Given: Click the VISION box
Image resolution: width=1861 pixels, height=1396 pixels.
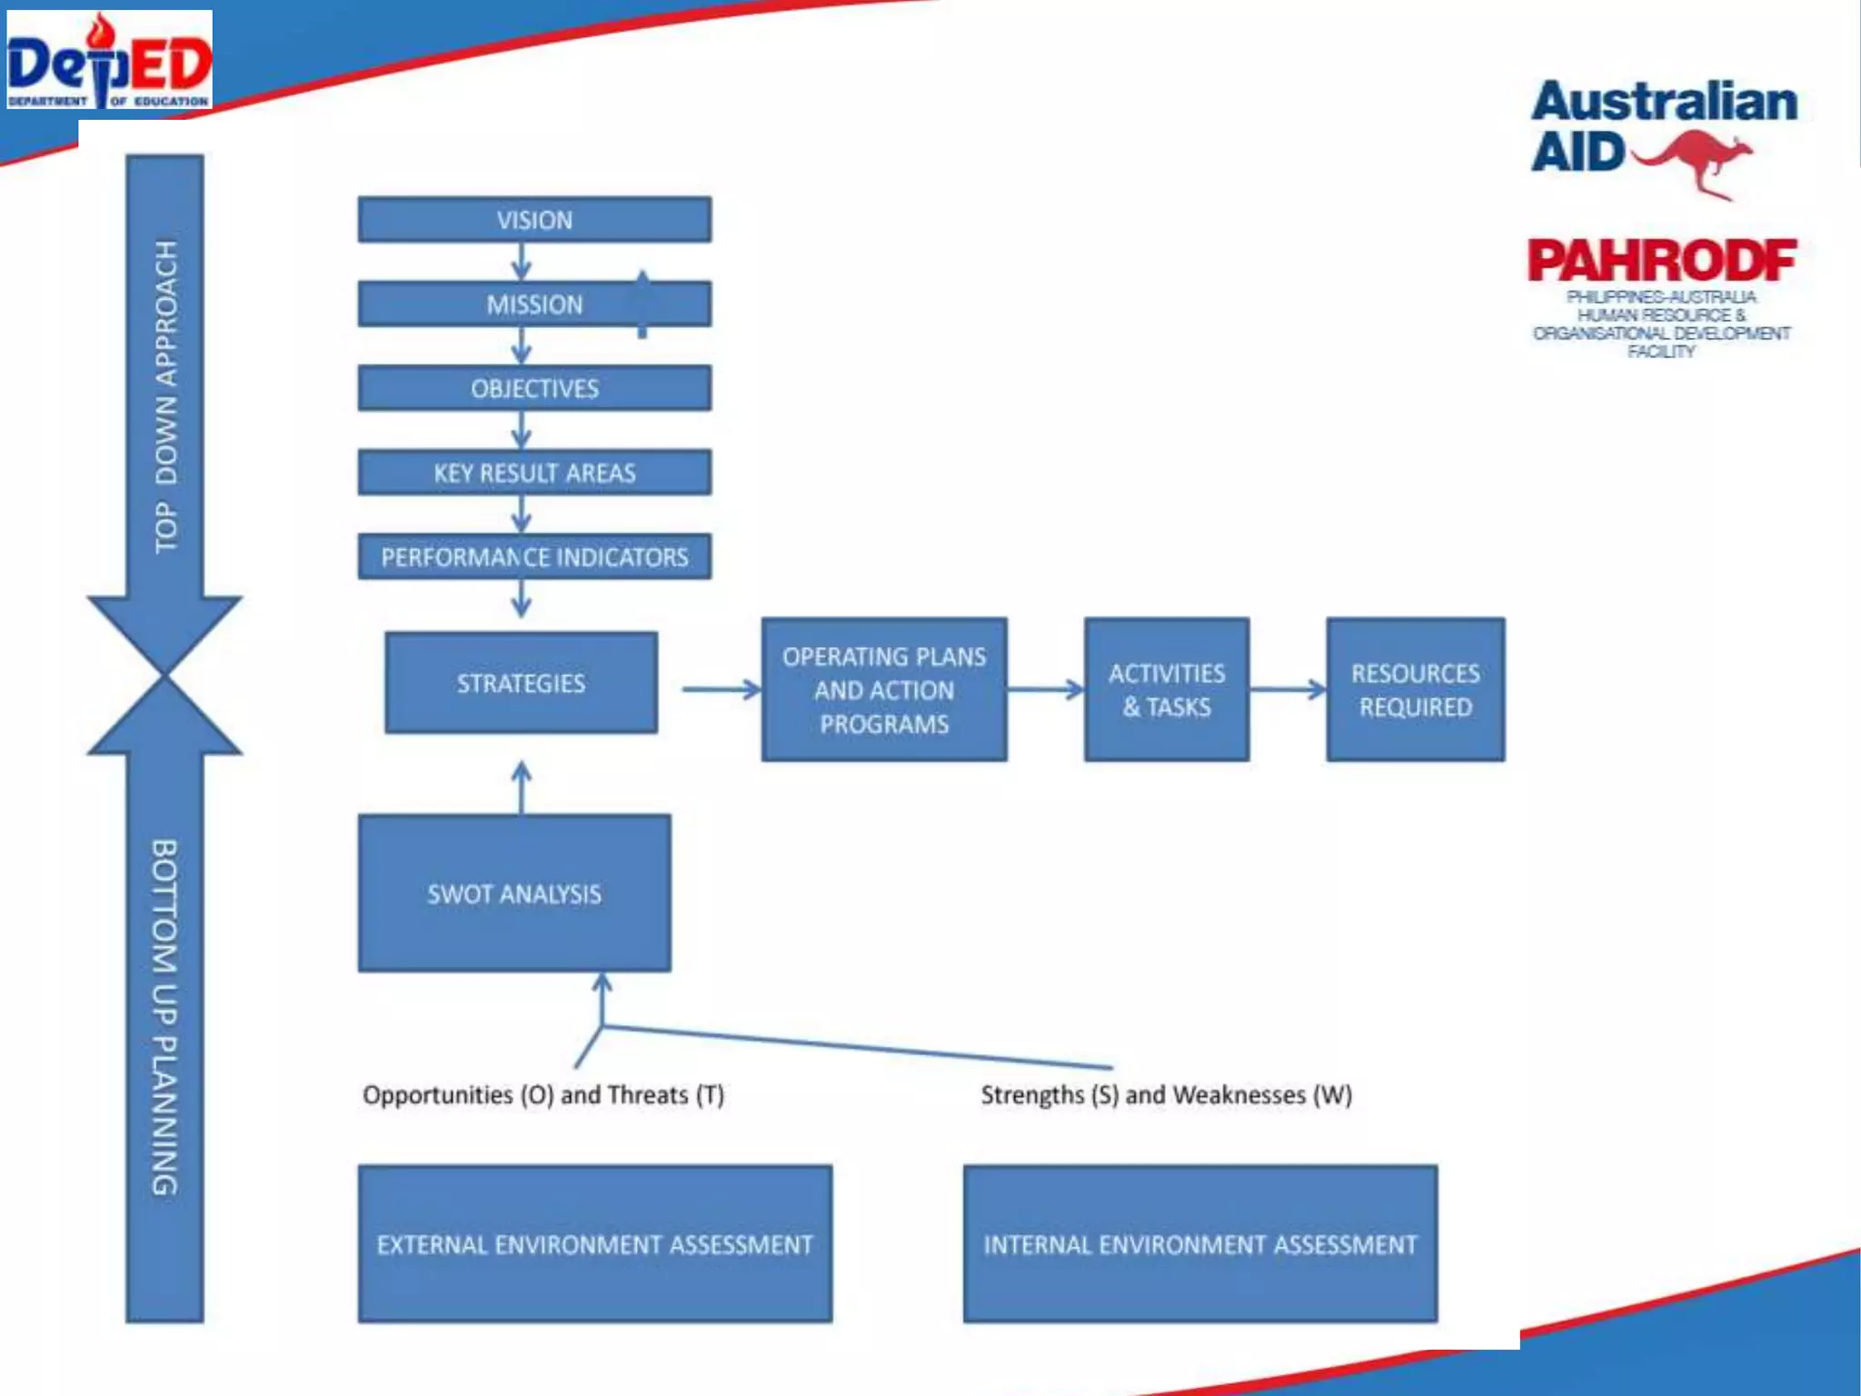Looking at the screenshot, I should pyautogui.click(x=534, y=220).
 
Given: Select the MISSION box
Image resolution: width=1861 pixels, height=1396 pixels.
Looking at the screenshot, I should pyautogui.click(x=534, y=304).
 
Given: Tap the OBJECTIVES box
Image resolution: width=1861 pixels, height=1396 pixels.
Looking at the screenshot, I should pyautogui.click(x=534, y=388).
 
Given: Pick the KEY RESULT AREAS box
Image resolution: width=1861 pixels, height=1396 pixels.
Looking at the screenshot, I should pyautogui.click(x=534, y=473).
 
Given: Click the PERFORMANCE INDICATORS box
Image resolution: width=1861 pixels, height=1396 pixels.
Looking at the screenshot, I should pyautogui.click(x=534, y=556).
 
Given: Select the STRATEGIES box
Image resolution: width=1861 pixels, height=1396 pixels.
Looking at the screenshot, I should pyautogui.click(x=521, y=683).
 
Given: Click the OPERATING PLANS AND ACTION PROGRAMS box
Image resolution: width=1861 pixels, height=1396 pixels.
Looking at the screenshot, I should pyautogui.click(x=884, y=690).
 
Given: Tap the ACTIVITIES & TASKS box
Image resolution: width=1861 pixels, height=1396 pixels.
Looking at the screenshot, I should pyautogui.click(x=1167, y=690).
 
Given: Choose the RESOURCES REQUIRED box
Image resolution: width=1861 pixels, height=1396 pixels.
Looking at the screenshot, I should pyautogui.click(x=1415, y=690).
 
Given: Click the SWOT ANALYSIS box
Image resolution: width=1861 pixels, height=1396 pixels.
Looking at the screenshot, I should pyautogui.click(x=514, y=893).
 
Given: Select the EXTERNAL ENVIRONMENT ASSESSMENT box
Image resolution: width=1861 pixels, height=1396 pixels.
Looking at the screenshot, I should pyautogui.click(x=595, y=1243).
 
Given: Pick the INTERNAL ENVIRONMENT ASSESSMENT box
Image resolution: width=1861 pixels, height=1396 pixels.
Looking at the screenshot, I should pyautogui.click(x=1200, y=1243).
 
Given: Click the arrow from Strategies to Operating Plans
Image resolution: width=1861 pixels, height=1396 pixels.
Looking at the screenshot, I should pyautogui.click(x=721, y=690).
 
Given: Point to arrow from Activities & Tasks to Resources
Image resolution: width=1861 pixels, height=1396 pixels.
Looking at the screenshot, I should pyautogui.click(x=1288, y=690).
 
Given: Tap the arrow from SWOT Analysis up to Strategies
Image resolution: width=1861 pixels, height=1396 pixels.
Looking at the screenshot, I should pyautogui.click(x=522, y=787).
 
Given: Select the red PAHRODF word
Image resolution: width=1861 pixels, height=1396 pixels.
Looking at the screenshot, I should pyautogui.click(x=1661, y=261).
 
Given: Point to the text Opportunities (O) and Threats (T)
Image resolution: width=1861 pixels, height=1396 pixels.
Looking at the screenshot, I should pyautogui.click(x=543, y=1095).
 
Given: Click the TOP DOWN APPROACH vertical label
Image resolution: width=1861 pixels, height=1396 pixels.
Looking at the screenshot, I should pyautogui.click(x=165, y=396).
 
